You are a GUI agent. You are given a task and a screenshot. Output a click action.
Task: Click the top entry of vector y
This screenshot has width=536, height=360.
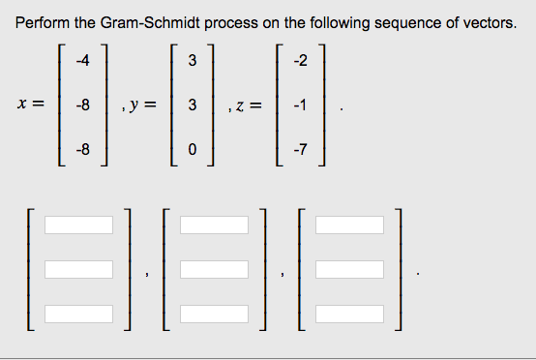(x=192, y=62)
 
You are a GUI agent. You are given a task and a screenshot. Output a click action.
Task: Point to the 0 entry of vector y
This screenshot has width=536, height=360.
(x=192, y=150)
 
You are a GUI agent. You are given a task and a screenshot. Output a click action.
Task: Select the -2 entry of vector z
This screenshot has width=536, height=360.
(x=300, y=62)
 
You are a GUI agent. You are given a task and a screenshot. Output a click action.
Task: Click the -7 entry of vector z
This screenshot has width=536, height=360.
(x=300, y=150)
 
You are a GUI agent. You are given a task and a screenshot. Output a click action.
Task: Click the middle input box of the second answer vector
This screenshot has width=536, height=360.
(x=214, y=270)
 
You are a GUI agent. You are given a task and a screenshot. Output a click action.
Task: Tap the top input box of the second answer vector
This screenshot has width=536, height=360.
(x=214, y=225)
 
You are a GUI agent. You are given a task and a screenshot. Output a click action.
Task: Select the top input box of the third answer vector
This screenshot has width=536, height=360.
(x=348, y=225)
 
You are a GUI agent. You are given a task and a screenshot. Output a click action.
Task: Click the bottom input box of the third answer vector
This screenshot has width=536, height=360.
(x=348, y=315)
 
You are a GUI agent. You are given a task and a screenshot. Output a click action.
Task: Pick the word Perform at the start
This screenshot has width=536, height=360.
(x=43, y=22)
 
